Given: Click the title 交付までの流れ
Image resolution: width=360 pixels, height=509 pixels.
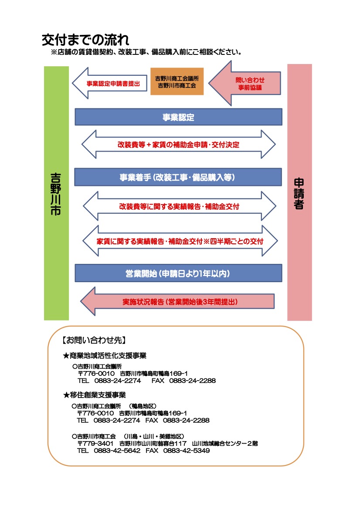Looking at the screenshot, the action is (85, 40).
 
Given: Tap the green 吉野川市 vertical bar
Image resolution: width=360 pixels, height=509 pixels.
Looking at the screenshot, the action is (57, 193).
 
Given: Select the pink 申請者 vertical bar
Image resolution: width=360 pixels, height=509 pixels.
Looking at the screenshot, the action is (299, 192).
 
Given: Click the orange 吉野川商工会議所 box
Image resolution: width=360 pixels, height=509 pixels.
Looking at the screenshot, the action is (177, 81).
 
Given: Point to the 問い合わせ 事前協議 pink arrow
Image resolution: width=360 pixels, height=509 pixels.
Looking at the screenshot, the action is (245, 84).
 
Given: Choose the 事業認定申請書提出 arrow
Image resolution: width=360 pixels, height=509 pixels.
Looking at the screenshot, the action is (109, 84).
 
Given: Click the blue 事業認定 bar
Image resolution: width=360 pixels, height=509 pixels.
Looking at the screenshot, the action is (178, 117).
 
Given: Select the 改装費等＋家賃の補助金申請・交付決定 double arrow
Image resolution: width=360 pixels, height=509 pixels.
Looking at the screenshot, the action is (178, 145).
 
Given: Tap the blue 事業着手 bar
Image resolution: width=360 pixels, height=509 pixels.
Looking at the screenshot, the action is (178, 177).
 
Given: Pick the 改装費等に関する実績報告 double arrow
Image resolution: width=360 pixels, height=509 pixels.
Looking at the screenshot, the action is (180, 206).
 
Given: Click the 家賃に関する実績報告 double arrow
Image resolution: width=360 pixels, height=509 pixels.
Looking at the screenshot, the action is (180, 241).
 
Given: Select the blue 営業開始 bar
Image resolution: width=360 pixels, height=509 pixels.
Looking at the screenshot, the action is (178, 273).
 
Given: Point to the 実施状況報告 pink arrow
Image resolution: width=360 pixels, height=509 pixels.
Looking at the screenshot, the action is (177, 301).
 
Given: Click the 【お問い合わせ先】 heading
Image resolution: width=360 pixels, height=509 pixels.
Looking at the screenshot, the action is (94, 340).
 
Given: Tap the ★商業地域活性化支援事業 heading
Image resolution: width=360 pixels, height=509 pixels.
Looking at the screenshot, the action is (105, 355).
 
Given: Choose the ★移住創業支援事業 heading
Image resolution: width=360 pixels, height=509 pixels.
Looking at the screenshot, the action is (95, 395).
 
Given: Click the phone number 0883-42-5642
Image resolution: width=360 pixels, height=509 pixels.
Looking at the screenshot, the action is (117, 451).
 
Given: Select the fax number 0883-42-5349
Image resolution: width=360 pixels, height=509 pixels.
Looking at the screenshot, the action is (187, 451).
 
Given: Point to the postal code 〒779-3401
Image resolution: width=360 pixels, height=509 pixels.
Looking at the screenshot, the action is (95, 443).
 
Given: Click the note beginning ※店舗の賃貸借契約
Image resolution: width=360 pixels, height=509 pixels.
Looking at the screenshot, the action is (146, 52).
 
